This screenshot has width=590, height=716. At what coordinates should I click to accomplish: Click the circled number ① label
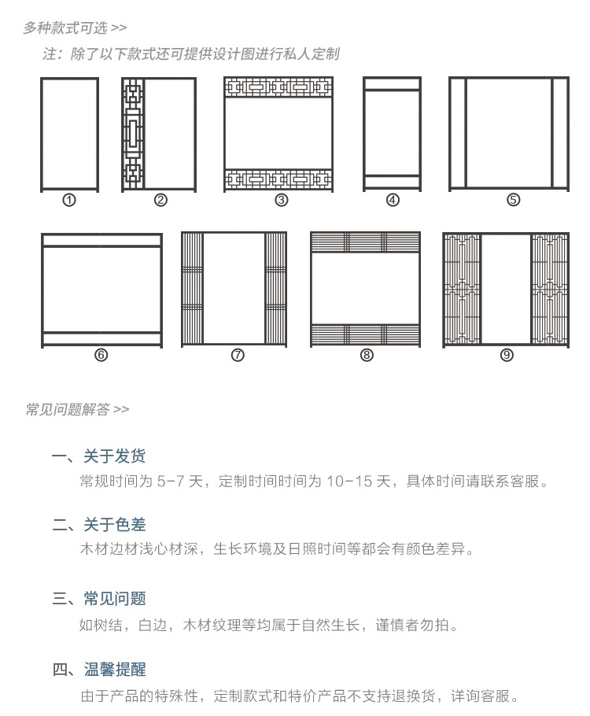tap(69, 200)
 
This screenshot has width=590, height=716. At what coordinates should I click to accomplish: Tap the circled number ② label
tap(160, 200)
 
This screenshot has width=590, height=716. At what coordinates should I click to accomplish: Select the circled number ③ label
tap(281, 200)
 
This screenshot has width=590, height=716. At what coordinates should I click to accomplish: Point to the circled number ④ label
tap(393, 200)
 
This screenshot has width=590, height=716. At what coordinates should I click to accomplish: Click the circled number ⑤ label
tap(513, 200)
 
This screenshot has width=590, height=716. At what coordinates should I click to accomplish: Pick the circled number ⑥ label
tap(101, 355)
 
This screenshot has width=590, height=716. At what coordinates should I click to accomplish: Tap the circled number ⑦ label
tap(238, 355)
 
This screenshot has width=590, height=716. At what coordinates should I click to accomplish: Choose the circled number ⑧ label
tap(367, 355)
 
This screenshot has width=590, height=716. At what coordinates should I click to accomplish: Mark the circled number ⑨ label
tap(507, 355)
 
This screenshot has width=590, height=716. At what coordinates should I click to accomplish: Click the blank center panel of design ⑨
tap(506, 289)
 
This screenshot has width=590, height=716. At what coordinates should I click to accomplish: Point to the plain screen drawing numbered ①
tap(70, 134)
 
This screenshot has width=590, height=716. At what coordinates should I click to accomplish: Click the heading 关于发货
tap(114, 456)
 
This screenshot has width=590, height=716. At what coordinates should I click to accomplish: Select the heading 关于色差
tap(114, 525)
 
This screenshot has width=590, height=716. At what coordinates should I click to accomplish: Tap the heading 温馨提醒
tap(114, 670)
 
